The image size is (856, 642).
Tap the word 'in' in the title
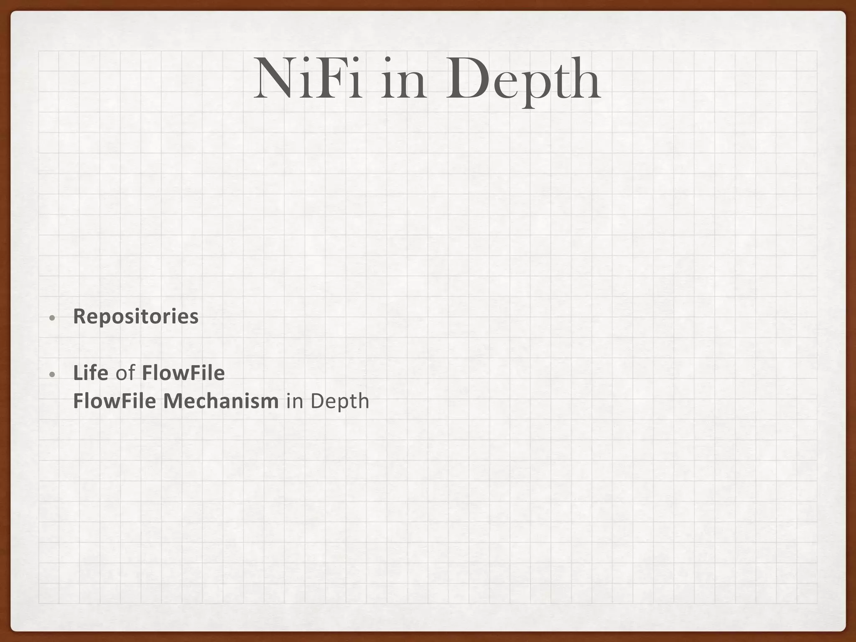pyautogui.click(x=404, y=79)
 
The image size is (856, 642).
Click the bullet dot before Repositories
pyautogui.click(x=51, y=318)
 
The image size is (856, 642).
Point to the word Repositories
pyautogui.click(x=136, y=316)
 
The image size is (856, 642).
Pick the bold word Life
pyautogui.click(x=91, y=373)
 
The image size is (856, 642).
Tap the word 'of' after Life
pyautogui.click(x=125, y=373)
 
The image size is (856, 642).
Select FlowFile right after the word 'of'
pyautogui.click(x=183, y=373)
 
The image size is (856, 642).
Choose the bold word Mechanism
pyautogui.click(x=221, y=401)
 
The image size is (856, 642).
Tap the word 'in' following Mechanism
pyautogui.click(x=294, y=401)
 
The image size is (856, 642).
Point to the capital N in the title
pyautogui.click(x=274, y=79)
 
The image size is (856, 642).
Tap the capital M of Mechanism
pyautogui.click(x=172, y=401)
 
